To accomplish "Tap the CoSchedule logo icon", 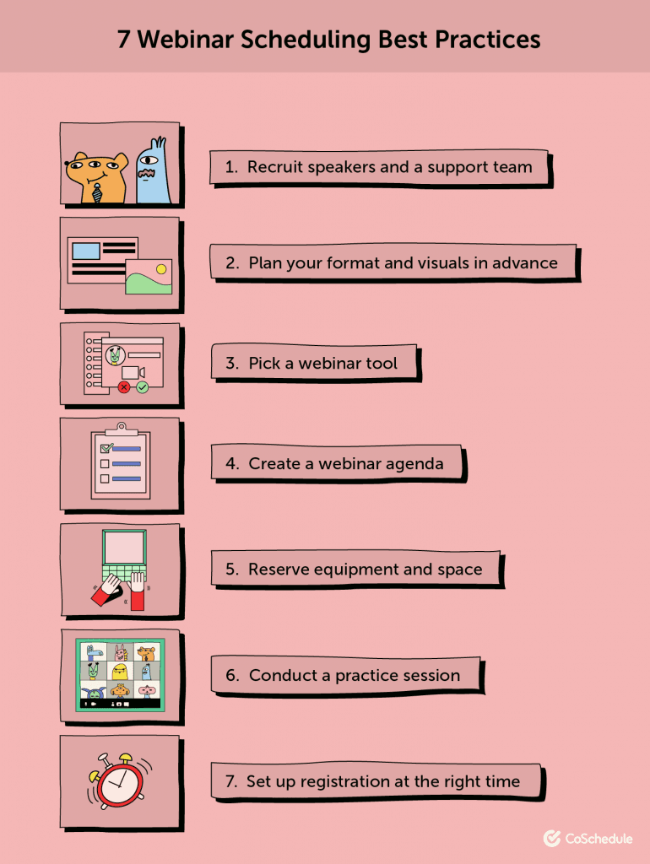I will click(553, 838).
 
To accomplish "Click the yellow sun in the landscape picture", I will click(161, 268).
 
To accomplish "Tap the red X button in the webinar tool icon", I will click(125, 387).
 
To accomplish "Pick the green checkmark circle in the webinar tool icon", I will click(143, 387).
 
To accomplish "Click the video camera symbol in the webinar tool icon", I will click(133, 372).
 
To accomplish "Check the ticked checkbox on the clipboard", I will click(106, 448).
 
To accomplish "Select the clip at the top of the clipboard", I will click(121, 429).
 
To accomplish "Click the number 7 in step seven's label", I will click(230, 782).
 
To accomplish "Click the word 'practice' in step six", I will click(366, 675).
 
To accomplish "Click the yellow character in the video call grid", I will click(121, 672).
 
